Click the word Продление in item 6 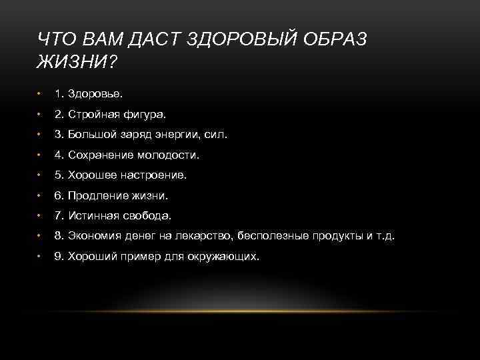point(97,195)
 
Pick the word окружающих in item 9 point(227,256)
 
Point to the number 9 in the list point(58,256)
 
